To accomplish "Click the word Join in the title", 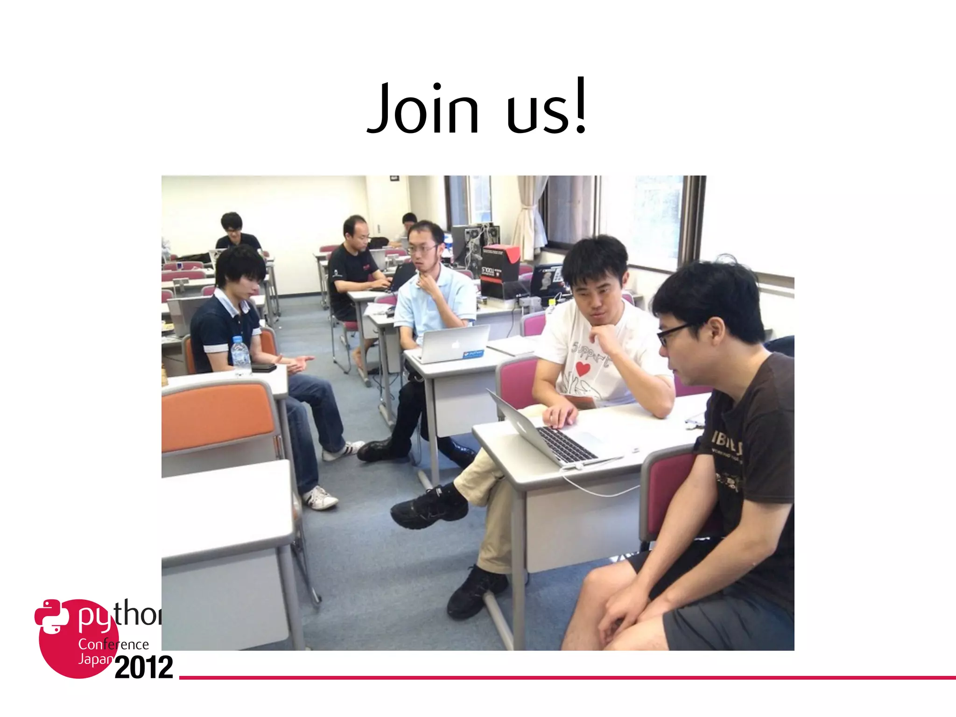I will tap(423, 108).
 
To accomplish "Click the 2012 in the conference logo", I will tap(144, 668).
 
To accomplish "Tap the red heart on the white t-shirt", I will tap(583, 368).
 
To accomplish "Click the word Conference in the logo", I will tap(113, 645).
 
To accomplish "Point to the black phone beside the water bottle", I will tap(264, 368).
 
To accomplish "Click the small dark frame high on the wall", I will tap(394, 178).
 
